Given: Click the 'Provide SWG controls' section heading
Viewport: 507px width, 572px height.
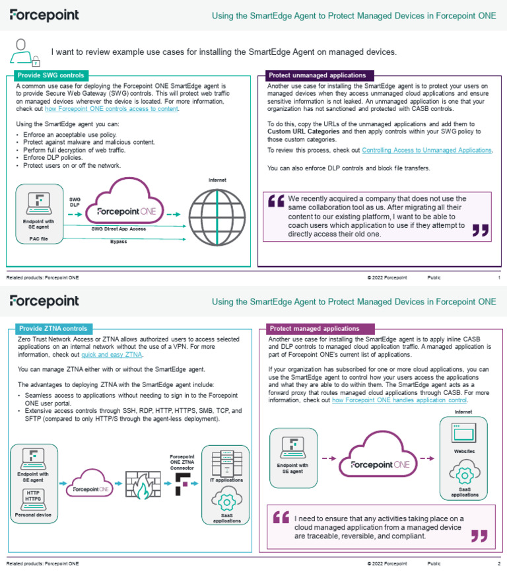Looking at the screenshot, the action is [x=50, y=75].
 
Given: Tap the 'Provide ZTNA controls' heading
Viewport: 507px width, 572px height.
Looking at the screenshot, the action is [x=53, y=328].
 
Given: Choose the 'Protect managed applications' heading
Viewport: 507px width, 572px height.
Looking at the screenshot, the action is [x=314, y=328].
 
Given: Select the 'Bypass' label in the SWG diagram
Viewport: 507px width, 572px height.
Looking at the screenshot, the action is [x=119, y=242].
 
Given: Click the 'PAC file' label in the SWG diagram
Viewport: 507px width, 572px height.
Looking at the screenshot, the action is [x=38, y=238].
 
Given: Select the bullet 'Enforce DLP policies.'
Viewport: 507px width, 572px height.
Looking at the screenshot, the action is [x=52, y=158].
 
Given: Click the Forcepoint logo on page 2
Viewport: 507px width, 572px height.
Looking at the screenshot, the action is [x=44, y=301].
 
